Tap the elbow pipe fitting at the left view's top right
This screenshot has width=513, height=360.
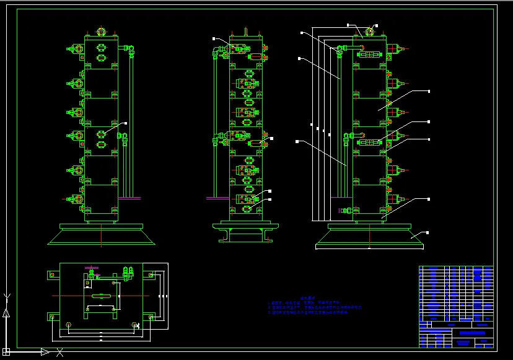coord(129,48)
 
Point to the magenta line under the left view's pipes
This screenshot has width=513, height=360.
coord(129,198)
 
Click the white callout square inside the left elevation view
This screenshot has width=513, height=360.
coord(126,123)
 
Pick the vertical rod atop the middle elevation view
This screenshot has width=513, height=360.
coord(246,31)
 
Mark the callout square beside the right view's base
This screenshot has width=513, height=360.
coord(427,232)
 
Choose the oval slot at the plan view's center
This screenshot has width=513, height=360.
coord(102,297)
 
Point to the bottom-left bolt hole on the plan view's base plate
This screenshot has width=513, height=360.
coord(69,325)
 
